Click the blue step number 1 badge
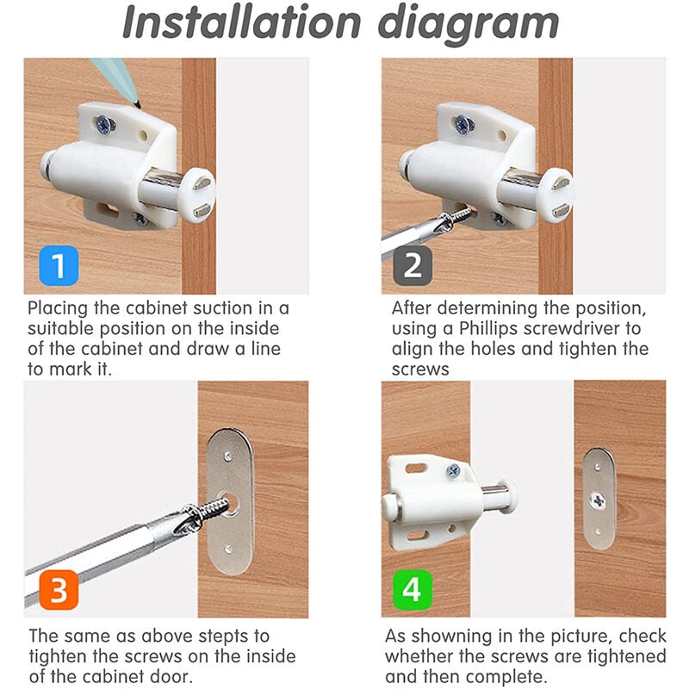pos(59,265)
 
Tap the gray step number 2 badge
pos(413,265)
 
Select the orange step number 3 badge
pos(59,590)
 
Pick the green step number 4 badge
pos(413,590)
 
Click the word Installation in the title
pos(242,22)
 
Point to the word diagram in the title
pos(469,25)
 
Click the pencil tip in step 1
pos(138,105)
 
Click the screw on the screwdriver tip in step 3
pos(206,511)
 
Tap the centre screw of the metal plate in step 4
pos(598,500)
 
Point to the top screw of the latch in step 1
pos(105,124)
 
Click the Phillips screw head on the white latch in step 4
pos(453,471)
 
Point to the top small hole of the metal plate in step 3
pos(227,457)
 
